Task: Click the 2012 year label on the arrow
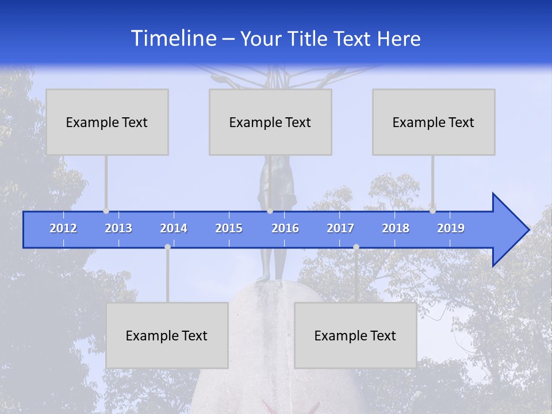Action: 63,228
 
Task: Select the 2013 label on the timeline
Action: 118,228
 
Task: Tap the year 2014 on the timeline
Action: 174,228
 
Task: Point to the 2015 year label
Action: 229,228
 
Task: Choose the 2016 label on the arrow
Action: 285,228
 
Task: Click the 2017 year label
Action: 340,228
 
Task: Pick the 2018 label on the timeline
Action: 396,228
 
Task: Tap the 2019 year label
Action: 451,228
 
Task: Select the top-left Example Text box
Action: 107,122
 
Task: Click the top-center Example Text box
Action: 270,122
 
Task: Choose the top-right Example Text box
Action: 434,122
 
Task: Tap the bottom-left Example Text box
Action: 167,335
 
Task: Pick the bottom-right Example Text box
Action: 355,335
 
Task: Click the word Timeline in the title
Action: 173,39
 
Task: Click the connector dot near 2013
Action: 106,211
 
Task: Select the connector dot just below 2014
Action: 167,247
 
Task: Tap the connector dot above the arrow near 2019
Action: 432,211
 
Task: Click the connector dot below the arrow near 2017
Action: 356,247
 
